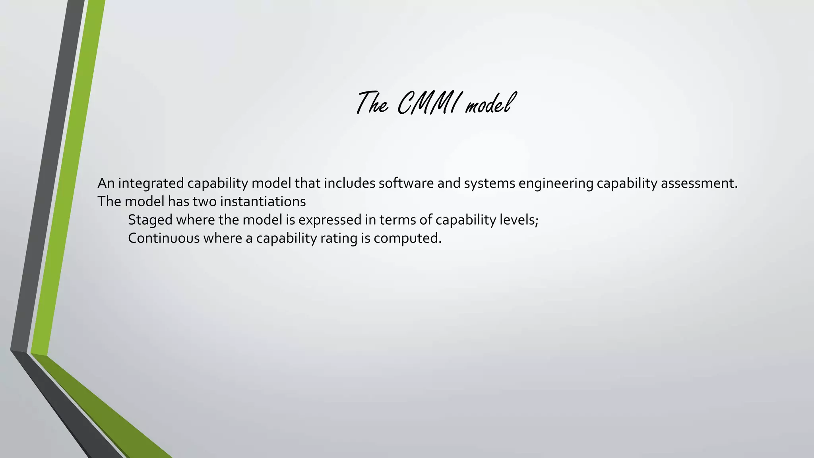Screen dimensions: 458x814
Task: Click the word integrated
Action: tap(151, 183)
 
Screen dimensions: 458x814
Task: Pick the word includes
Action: tap(349, 183)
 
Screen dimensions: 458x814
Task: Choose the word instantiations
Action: tap(263, 202)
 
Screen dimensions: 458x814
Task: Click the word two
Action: tap(205, 202)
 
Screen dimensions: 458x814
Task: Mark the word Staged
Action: tap(150, 220)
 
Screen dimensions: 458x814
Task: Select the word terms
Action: tap(397, 220)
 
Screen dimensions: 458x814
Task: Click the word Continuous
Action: tap(163, 238)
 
